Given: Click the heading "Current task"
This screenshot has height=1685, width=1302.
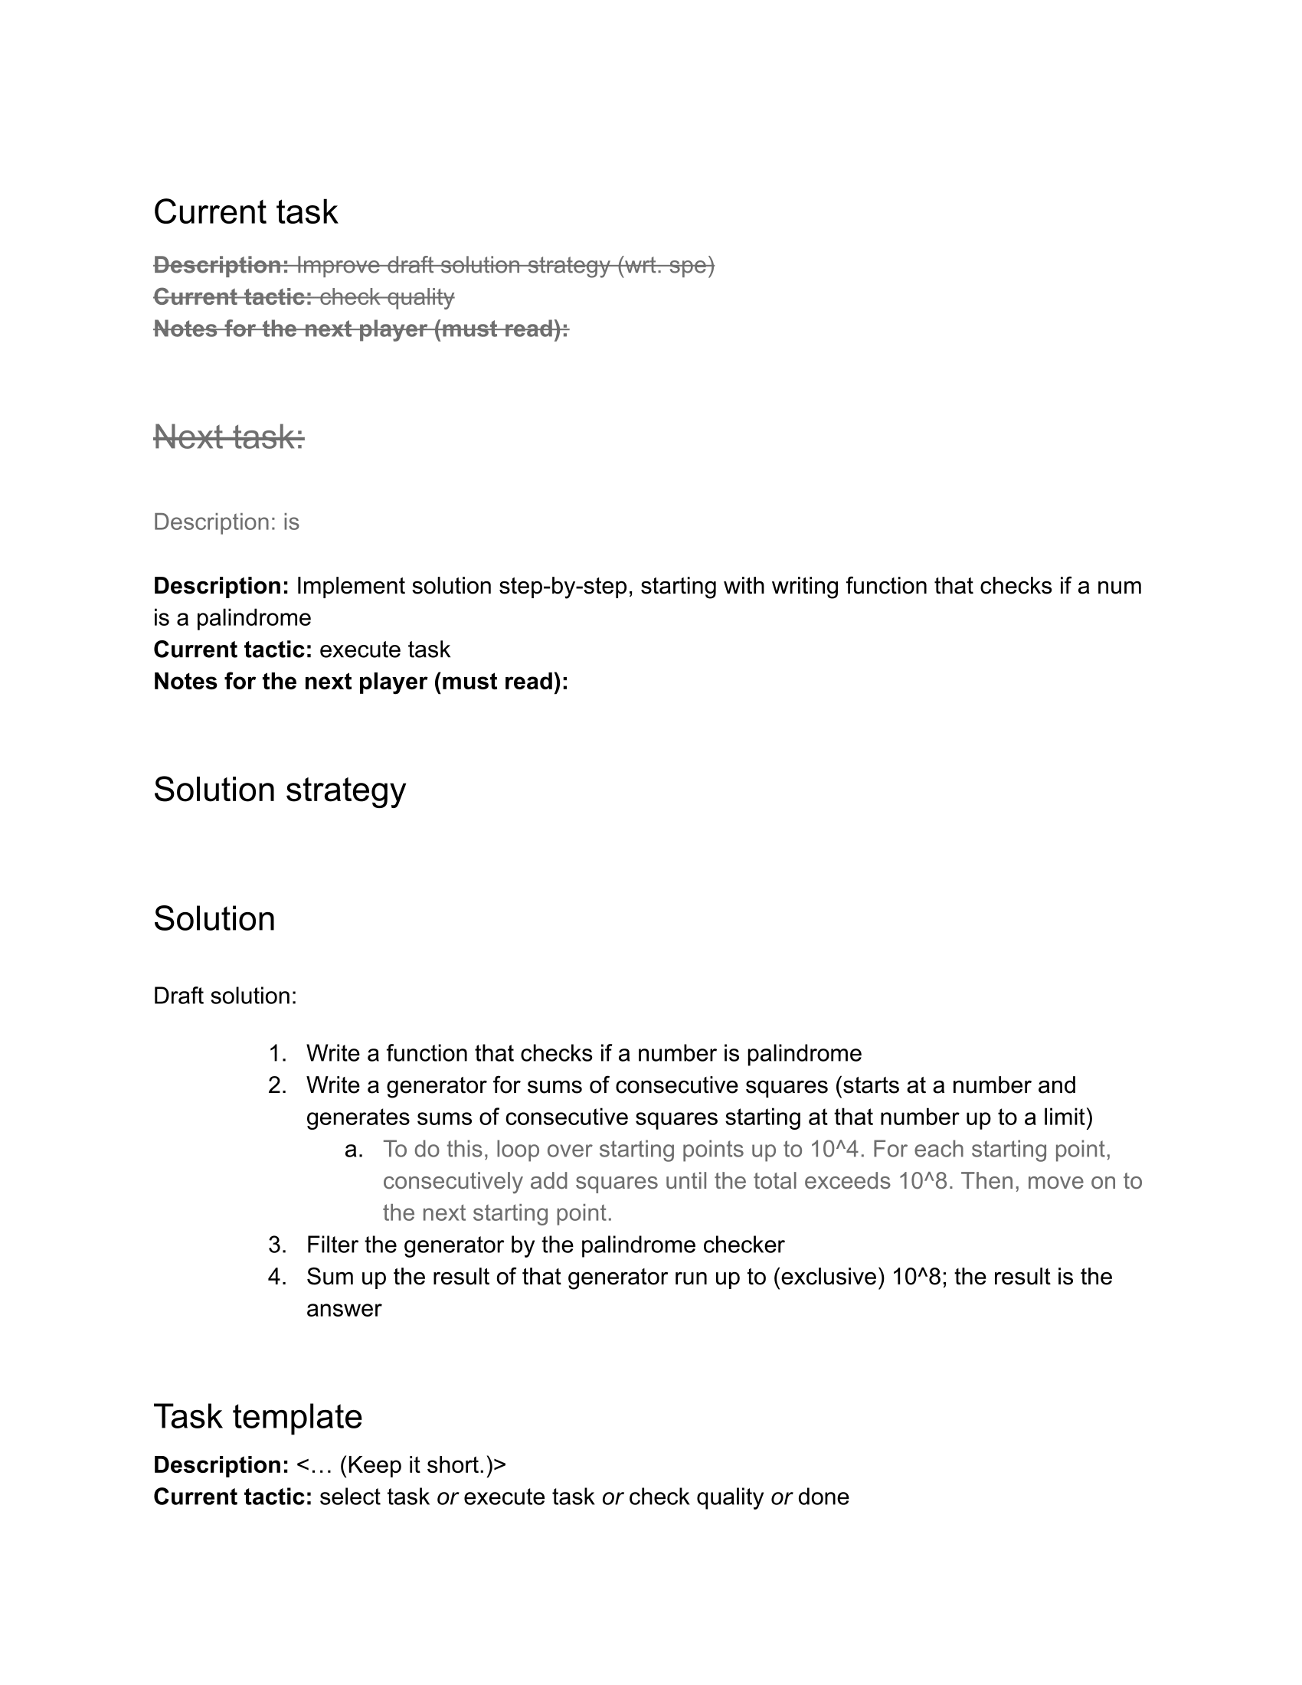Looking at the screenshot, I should (x=245, y=212).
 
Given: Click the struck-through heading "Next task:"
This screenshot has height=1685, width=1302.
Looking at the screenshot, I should (x=229, y=437).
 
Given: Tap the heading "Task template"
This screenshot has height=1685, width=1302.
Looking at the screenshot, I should (x=257, y=1415).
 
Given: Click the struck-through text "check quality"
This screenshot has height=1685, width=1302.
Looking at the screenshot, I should (x=387, y=296).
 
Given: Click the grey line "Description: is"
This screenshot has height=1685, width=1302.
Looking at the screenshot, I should (x=226, y=522).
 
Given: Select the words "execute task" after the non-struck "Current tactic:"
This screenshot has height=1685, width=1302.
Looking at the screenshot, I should (x=384, y=649).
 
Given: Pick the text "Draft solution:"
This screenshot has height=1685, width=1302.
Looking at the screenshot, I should (x=224, y=995).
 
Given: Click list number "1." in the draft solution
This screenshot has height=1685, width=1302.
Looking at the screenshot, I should (x=278, y=1053).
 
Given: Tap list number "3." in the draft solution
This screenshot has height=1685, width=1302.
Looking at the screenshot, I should (x=278, y=1245).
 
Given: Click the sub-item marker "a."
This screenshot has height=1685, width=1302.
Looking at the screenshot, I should (x=354, y=1149).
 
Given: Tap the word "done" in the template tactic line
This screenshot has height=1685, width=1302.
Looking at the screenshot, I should (x=823, y=1497).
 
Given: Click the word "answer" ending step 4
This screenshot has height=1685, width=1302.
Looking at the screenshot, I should (x=343, y=1308).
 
